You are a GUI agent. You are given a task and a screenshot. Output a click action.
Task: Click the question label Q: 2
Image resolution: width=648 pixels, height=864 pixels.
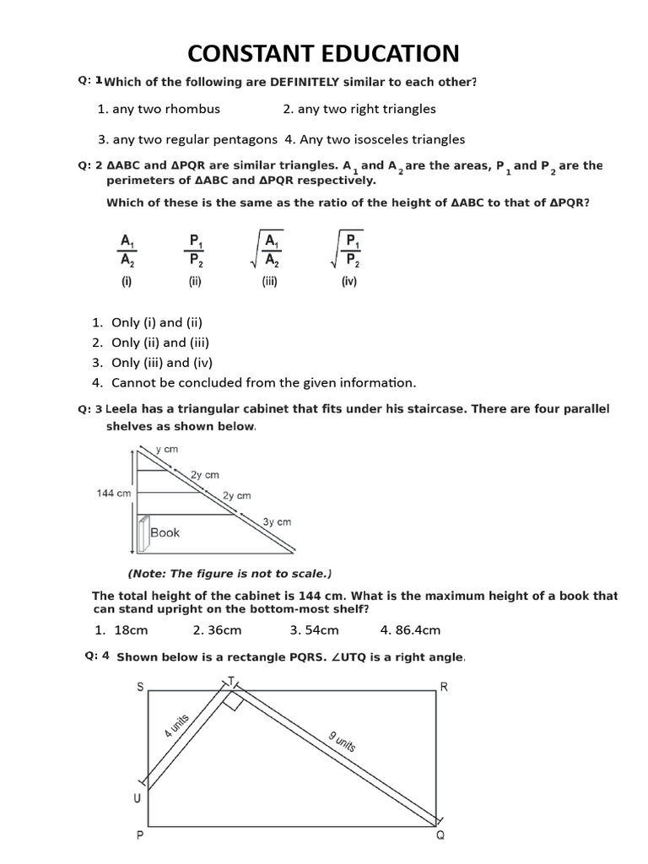[89, 165]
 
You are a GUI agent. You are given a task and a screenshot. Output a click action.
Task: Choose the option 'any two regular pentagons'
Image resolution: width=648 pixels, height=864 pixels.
[187, 139]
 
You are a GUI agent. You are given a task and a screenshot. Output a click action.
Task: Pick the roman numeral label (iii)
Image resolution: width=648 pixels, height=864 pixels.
[270, 283]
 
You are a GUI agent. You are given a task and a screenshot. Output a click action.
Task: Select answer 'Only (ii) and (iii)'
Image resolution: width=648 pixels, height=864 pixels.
[160, 343]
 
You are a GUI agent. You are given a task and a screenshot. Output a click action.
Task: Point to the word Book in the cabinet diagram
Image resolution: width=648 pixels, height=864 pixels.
[165, 533]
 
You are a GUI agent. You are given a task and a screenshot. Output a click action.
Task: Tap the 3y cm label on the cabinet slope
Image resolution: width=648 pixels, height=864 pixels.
[277, 522]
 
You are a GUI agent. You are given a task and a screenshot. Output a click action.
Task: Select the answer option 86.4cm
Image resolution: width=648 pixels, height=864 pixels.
[410, 630]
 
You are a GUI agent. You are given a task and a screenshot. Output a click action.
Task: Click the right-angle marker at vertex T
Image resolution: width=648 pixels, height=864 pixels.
[235, 701]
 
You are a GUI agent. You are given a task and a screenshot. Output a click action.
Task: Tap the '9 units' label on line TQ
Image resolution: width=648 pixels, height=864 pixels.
[342, 742]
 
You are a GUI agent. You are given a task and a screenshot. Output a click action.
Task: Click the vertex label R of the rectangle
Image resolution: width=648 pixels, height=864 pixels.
[444, 687]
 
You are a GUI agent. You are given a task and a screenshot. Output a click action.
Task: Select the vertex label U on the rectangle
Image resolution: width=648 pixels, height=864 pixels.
[137, 798]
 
